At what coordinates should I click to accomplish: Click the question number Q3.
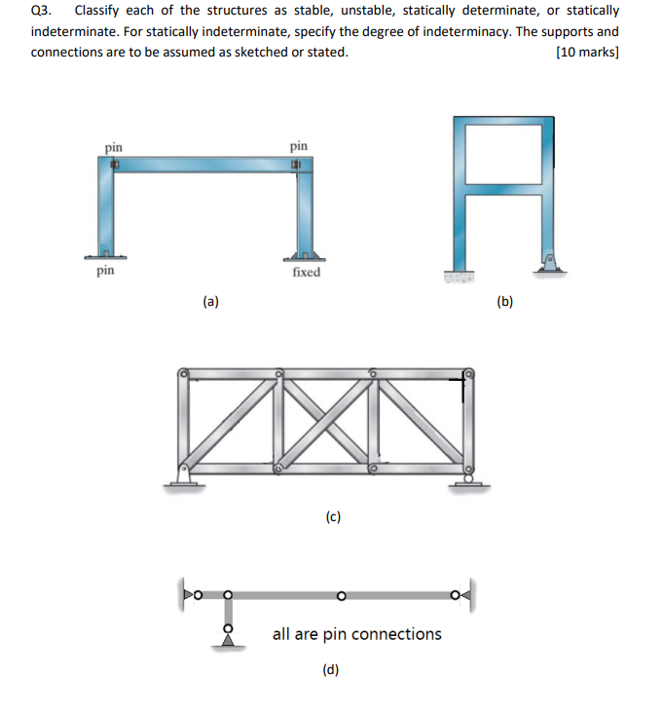pyautogui.click(x=41, y=11)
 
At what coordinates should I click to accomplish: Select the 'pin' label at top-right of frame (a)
pyautogui.click(x=298, y=146)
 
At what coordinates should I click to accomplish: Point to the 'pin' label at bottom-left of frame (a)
pyautogui.click(x=106, y=272)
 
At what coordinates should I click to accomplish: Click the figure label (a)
pyautogui.click(x=210, y=302)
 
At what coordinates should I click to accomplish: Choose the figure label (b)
pyautogui.click(x=504, y=302)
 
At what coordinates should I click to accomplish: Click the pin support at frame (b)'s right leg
pyautogui.click(x=549, y=262)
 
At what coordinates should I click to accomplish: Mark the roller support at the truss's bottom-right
pyautogui.click(x=468, y=480)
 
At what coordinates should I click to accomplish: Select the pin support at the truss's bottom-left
pyautogui.click(x=182, y=478)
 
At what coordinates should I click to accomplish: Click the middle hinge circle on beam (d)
pyautogui.click(x=341, y=594)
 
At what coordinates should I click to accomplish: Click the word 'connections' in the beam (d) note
pyautogui.click(x=396, y=634)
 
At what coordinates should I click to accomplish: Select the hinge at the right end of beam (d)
pyautogui.click(x=456, y=594)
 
